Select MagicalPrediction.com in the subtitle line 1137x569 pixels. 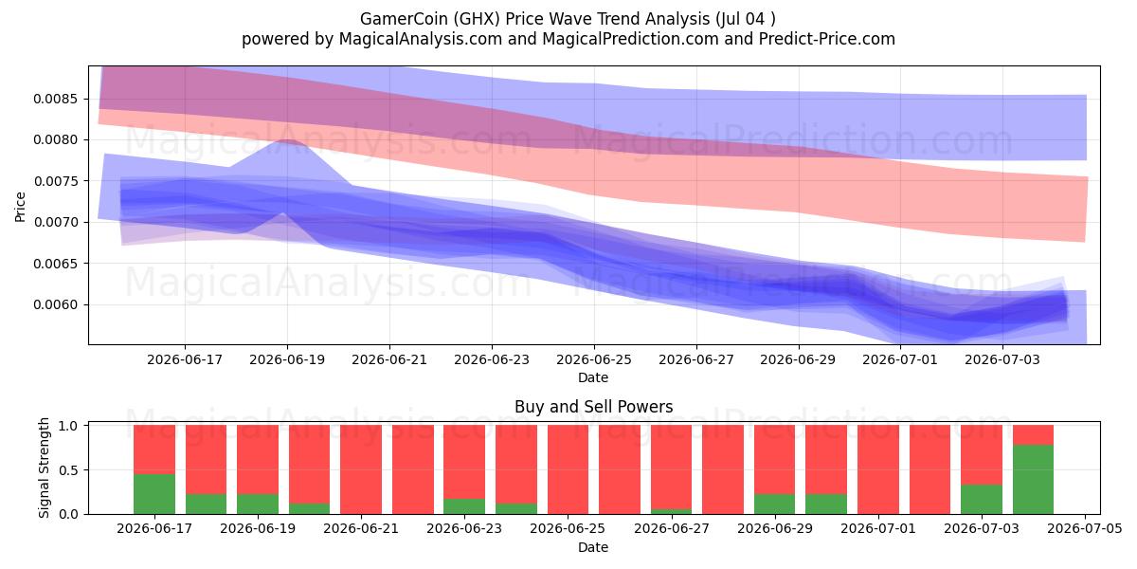coord(630,39)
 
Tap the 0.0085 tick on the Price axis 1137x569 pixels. coord(56,99)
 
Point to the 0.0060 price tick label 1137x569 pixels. coord(56,304)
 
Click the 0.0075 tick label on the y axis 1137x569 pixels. coord(56,181)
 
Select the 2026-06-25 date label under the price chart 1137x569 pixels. coord(594,360)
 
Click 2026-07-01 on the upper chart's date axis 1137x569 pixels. coord(900,360)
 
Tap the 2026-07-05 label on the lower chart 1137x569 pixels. coord(1085,529)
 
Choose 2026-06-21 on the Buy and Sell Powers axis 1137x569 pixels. coord(361,529)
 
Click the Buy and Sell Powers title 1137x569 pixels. coord(593,407)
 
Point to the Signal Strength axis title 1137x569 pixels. coord(45,468)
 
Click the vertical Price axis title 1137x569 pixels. coord(20,207)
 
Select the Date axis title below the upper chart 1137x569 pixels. coord(593,378)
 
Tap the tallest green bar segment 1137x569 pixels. coord(1033,480)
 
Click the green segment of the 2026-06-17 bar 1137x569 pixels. coord(154,494)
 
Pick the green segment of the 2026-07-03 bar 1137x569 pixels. coord(982,500)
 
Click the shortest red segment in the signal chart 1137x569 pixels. coord(1033,435)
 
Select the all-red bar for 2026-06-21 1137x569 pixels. coord(361,470)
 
